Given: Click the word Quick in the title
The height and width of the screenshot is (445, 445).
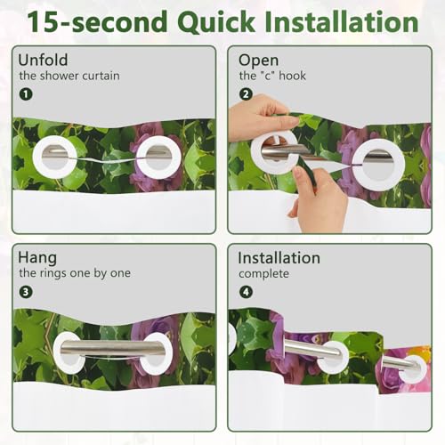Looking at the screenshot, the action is pyautogui.click(x=216, y=22).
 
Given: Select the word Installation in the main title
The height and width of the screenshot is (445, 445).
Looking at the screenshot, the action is pyautogui.click(x=341, y=21).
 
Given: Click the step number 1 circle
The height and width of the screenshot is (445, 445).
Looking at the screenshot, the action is pyautogui.click(x=26, y=94).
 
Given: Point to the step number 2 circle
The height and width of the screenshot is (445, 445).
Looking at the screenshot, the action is pyautogui.click(x=246, y=94).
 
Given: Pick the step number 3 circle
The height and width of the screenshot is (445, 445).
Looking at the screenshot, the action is pyautogui.click(x=26, y=292).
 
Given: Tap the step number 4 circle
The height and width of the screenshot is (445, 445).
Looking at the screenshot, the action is pyautogui.click(x=246, y=292).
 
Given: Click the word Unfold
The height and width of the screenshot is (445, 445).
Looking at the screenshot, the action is pyautogui.click(x=43, y=60).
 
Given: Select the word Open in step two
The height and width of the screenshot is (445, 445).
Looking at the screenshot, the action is pyautogui.click(x=258, y=61).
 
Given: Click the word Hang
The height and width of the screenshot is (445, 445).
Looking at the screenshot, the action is pyautogui.click(x=37, y=258).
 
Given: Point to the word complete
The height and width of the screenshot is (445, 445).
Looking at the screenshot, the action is pyautogui.click(x=263, y=274).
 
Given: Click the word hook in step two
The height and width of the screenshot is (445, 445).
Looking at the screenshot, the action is pyautogui.click(x=292, y=76).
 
